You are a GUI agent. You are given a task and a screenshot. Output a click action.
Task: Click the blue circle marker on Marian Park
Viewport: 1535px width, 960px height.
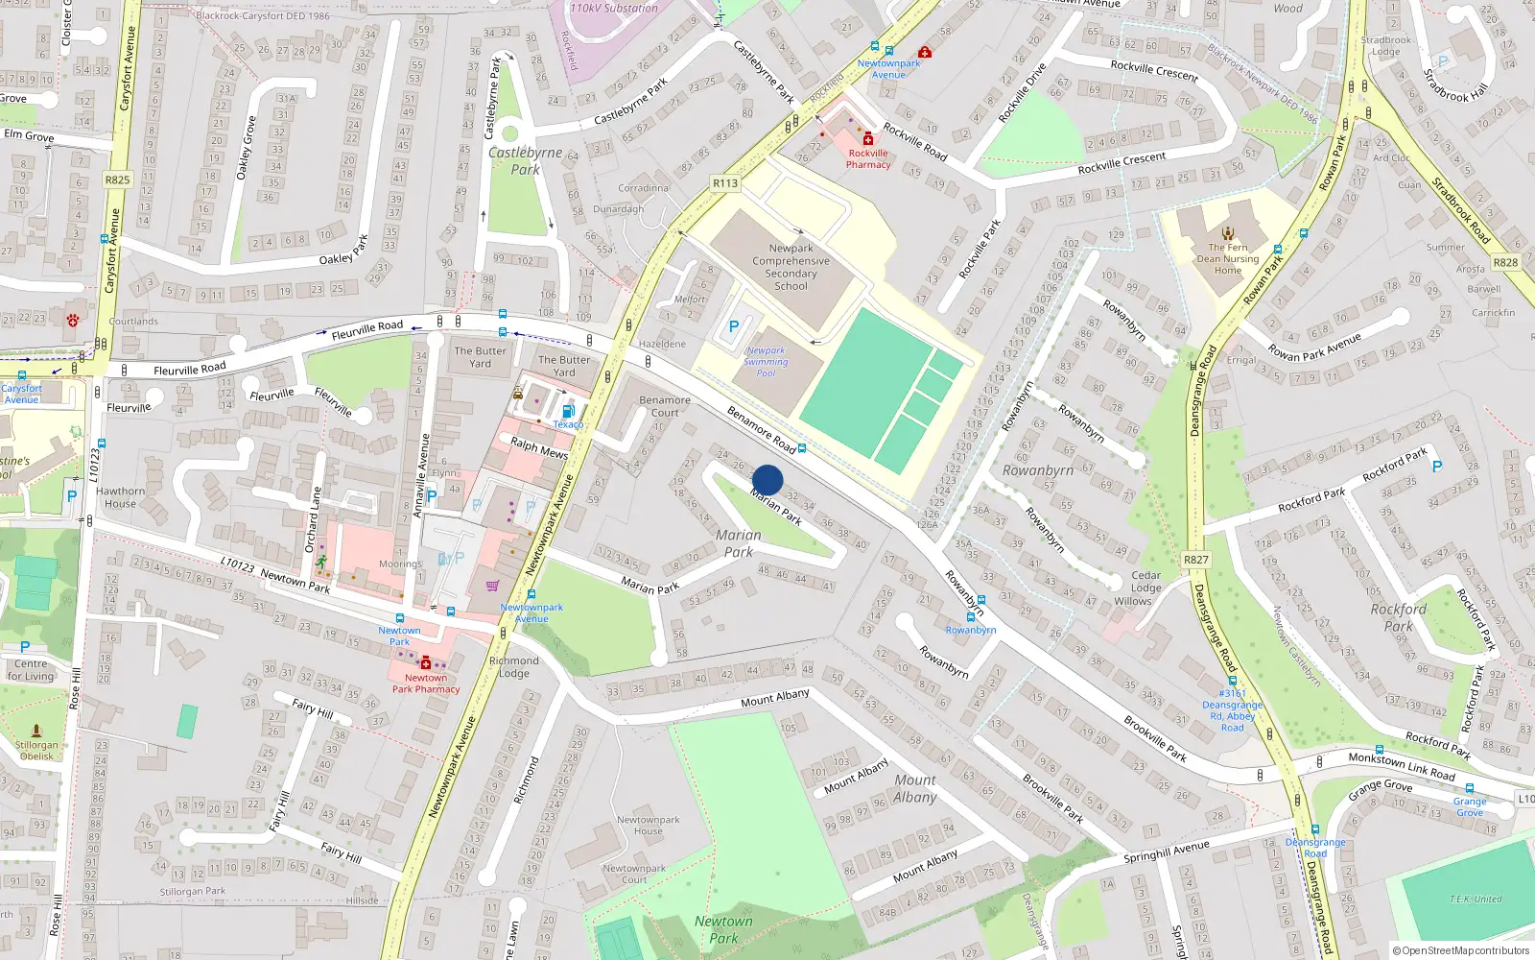click(767, 480)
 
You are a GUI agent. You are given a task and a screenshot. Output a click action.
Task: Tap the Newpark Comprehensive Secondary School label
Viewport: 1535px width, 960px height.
click(791, 267)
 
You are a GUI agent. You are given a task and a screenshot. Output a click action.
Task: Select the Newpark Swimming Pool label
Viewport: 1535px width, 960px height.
click(766, 362)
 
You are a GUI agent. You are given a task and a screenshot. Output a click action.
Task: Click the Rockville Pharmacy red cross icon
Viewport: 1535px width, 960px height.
click(868, 139)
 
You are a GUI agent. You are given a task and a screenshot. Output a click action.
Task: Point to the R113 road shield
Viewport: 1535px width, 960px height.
click(725, 183)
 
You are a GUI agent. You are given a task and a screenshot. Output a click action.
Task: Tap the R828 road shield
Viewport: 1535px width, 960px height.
click(1505, 262)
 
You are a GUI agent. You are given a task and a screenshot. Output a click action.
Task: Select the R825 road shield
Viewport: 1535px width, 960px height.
click(117, 180)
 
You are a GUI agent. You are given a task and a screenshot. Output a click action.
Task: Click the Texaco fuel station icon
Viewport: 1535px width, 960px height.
click(568, 411)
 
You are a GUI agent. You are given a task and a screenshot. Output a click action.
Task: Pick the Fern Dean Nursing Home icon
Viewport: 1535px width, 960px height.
click(1228, 232)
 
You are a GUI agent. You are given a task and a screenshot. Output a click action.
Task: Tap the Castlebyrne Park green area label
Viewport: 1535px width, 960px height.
click(525, 160)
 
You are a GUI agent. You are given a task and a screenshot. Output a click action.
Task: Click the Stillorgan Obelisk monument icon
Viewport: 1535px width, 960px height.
click(36, 731)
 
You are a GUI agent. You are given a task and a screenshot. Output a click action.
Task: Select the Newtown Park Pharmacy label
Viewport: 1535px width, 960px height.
click(425, 683)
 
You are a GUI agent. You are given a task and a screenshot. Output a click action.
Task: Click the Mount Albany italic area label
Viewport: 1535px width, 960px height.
click(914, 788)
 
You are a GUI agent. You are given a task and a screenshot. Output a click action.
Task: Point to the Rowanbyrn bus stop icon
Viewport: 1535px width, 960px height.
click(970, 617)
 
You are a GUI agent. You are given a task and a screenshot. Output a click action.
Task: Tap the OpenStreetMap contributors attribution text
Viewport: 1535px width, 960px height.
click(1460, 950)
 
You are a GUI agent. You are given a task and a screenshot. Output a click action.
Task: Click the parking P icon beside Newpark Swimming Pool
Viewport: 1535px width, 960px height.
click(734, 326)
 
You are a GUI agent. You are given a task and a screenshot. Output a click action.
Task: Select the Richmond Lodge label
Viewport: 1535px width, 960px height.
click(513, 666)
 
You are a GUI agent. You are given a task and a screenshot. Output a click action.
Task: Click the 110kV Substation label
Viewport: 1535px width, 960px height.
click(614, 8)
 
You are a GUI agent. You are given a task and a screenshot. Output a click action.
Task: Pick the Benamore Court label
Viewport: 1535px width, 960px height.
click(664, 406)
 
